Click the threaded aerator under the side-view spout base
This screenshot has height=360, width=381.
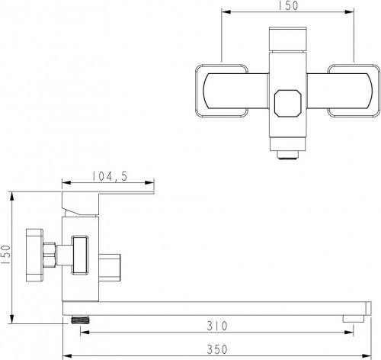(x=76, y=316)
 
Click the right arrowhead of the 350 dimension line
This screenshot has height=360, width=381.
(x=373, y=355)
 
